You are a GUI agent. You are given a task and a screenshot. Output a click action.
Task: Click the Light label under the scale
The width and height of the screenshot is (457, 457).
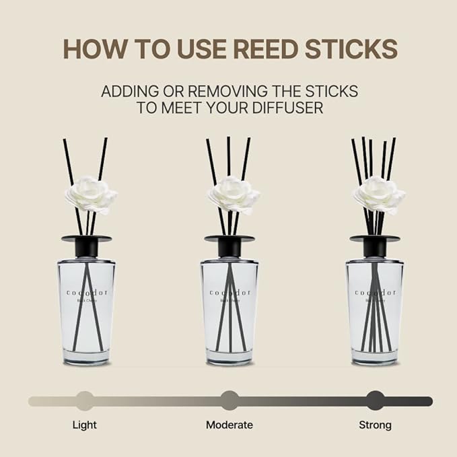[x=84, y=425]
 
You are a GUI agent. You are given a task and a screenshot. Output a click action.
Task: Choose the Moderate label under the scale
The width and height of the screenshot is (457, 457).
[x=230, y=425]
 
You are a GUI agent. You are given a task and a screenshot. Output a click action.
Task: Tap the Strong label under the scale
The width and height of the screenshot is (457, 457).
[x=375, y=425]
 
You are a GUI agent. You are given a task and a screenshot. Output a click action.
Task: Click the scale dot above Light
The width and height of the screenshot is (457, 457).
[x=85, y=400]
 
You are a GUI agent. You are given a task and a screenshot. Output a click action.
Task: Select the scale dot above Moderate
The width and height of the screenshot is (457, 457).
[x=230, y=400]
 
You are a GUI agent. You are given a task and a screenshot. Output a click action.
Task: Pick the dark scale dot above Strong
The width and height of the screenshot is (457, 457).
[x=375, y=400]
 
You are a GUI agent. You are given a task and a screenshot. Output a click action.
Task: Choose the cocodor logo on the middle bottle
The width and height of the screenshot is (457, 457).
[x=230, y=292]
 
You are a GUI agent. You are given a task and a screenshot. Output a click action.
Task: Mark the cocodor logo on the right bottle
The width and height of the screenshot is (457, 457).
[x=375, y=292]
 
